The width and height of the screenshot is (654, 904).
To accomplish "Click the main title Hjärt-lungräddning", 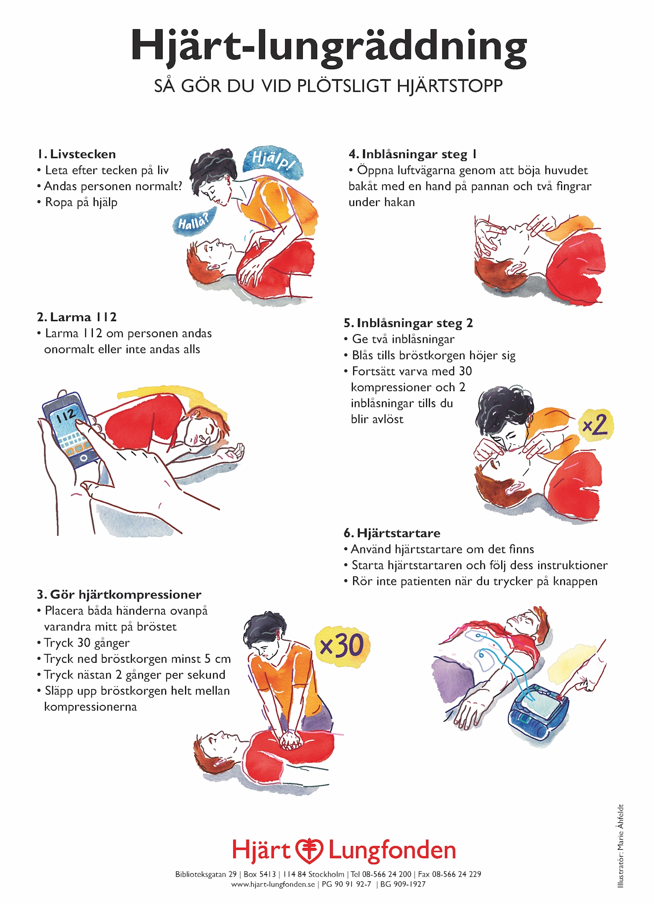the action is tap(329, 47).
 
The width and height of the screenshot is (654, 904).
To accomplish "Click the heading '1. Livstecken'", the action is tap(77, 154).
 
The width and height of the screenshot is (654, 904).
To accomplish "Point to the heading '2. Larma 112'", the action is tap(77, 317).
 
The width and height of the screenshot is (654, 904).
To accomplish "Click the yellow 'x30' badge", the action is tap(342, 645).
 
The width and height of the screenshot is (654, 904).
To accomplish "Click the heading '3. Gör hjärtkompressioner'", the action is tap(119, 595).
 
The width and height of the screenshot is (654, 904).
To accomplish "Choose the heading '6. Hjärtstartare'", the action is tap(392, 533).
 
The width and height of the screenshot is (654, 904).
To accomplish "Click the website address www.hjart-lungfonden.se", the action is tap(273, 884).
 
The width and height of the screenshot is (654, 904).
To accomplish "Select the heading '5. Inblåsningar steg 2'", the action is tap(408, 323).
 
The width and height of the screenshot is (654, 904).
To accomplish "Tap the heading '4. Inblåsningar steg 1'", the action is tap(413, 154).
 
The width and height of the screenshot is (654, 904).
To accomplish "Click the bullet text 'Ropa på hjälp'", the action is tap(81, 203).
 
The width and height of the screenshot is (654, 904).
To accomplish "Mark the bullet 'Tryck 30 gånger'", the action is tap(87, 643).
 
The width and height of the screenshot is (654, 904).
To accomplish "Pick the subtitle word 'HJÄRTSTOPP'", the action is tap(450, 86).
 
